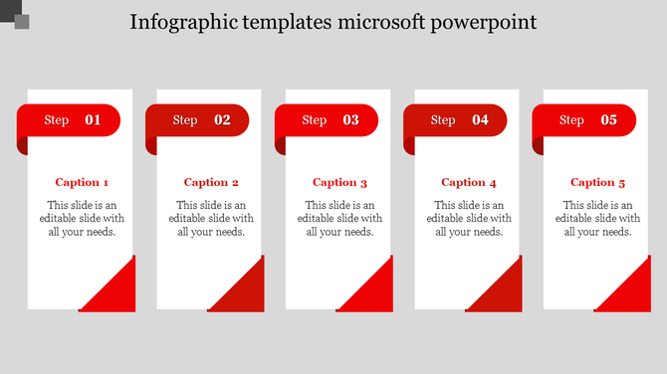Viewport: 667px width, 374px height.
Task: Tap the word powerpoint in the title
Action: point(483,22)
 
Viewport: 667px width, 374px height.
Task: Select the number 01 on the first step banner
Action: point(93,120)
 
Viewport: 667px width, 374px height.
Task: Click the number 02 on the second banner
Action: point(222,120)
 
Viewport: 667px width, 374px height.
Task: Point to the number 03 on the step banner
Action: point(350,120)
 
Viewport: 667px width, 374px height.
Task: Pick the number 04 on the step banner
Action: point(480,120)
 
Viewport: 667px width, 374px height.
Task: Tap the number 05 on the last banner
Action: point(608,120)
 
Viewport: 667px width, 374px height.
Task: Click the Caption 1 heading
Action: point(82,182)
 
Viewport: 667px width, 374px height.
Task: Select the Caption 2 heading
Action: point(211,182)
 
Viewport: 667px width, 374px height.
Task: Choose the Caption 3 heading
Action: point(339,182)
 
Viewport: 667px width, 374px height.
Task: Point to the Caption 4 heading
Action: point(469,182)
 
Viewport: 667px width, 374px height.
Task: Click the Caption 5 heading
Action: point(597,182)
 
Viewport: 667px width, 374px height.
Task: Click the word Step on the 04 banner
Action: point(443,120)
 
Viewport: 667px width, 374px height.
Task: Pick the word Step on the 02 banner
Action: point(185,120)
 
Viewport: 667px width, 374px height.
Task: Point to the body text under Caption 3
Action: point(339,218)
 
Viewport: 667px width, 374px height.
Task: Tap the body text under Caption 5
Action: point(597,218)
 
